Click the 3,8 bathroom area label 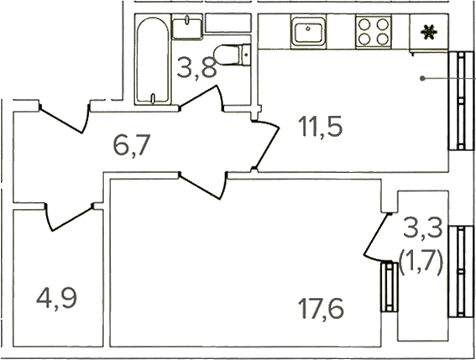[196, 68]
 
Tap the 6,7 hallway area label [132, 145]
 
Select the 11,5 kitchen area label [320, 126]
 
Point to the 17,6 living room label [322, 309]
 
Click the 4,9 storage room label [57, 299]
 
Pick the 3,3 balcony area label [423, 228]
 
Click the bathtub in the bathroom [153, 60]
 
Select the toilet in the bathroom [233, 55]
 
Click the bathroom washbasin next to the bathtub [187, 28]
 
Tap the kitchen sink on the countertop [308, 31]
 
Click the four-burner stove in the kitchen [374, 31]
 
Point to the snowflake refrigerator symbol [429, 32]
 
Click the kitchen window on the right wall [461, 101]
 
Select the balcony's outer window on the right [461, 271]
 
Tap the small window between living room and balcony [390, 287]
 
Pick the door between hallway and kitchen [266, 144]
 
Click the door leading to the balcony [376, 238]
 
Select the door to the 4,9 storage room [70, 217]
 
